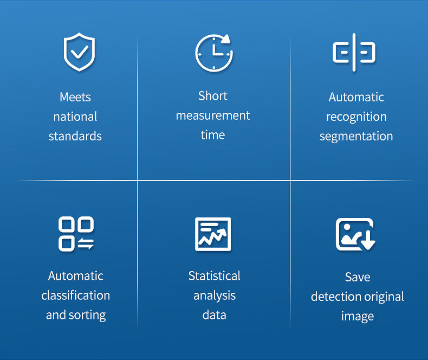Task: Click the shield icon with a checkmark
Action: pyautogui.click(x=79, y=52)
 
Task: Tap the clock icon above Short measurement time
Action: pyautogui.click(x=213, y=53)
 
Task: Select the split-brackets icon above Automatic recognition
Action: pyautogui.click(x=354, y=53)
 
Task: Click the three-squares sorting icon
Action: pyautogui.click(x=76, y=234)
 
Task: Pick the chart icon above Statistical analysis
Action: pyautogui.click(x=213, y=234)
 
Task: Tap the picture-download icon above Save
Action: pyautogui.click(x=355, y=234)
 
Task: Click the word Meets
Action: pyautogui.click(x=75, y=98)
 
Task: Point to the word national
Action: pyautogui.click(x=75, y=117)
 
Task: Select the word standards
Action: pyautogui.click(x=75, y=136)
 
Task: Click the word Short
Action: pyautogui.click(x=213, y=96)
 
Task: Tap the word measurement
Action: pyautogui.click(x=213, y=115)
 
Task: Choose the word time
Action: pyautogui.click(x=213, y=135)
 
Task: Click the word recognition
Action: pyautogui.click(x=356, y=117)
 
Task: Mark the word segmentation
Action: pyautogui.click(x=356, y=137)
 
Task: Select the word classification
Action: pyautogui.click(x=75, y=295)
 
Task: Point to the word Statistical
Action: pyautogui.click(x=214, y=276)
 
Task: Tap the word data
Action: pyautogui.click(x=214, y=315)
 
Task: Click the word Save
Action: pyautogui.click(x=358, y=277)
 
